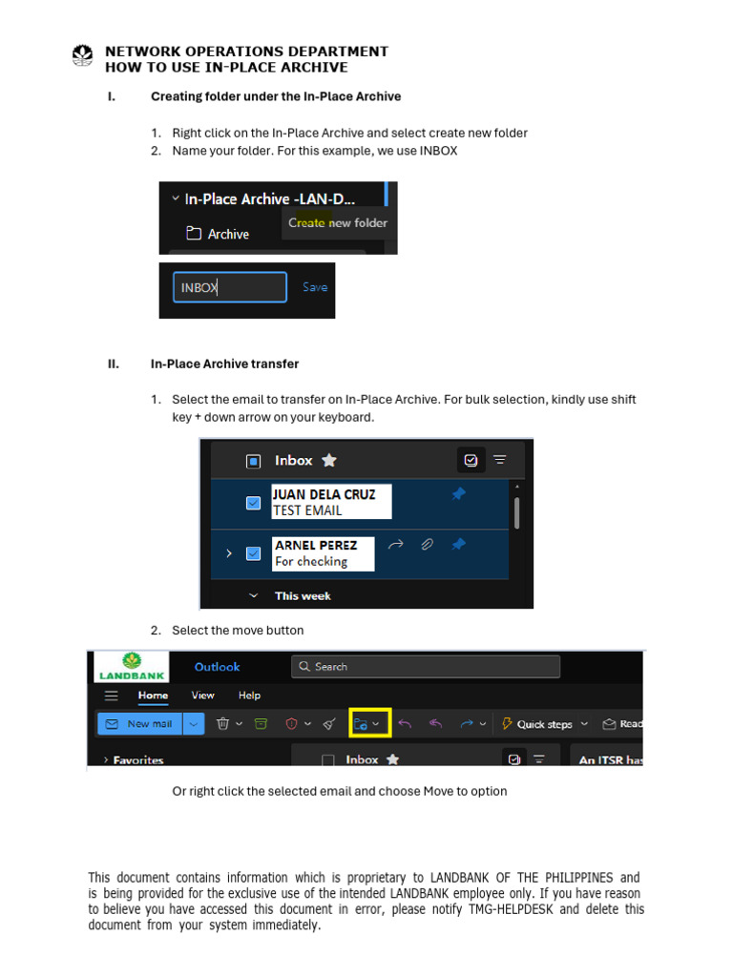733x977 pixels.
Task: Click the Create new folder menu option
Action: tap(338, 223)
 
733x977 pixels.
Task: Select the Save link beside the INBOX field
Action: tap(314, 287)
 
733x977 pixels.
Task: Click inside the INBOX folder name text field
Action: tap(229, 287)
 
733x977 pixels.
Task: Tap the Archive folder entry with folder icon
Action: tap(218, 234)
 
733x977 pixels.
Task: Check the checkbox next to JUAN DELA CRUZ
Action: tap(253, 503)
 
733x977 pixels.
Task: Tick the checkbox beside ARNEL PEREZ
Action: tap(253, 553)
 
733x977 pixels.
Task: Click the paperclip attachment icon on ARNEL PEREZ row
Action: tap(428, 545)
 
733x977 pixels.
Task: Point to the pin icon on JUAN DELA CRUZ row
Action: tap(458, 494)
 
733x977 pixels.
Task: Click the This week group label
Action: tap(302, 596)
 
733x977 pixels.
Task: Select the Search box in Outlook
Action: tap(426, 667)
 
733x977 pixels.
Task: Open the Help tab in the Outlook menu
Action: tap(249, 696)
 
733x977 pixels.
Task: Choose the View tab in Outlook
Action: tap(202, 696)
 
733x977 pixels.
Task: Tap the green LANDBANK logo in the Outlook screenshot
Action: tap(131, 666)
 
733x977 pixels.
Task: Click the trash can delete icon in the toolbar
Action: tap(222, 724)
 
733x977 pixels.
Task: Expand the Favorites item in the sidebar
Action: tap(133, 760)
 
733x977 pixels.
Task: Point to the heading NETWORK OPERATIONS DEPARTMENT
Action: tap(246, 52)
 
